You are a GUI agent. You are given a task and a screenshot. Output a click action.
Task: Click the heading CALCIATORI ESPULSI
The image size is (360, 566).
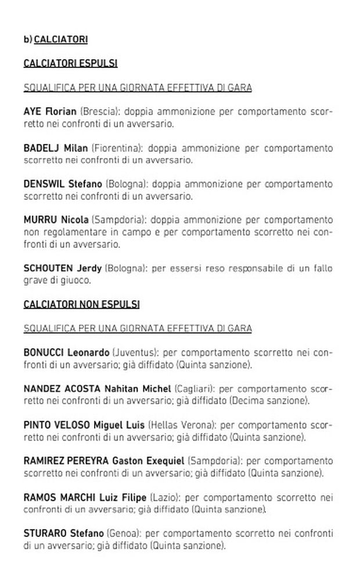click(x=70, y=63)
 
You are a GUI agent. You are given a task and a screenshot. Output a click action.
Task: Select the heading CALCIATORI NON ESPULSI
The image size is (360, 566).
click(x=81, y=304)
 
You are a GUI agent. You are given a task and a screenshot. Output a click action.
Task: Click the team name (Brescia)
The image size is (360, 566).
click(x=99, y=111)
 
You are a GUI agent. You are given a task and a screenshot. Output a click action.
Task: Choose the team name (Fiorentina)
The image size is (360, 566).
click(x=116, y=148)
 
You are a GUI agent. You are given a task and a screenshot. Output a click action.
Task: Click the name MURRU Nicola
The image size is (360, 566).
click(x=56, y=220)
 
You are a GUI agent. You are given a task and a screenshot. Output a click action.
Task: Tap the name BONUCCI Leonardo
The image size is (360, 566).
click(x=66, y=352)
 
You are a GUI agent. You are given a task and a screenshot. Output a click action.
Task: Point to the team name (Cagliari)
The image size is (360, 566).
click(x=195, y=388)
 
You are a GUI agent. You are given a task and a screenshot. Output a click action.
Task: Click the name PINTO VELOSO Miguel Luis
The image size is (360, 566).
click(x=84, y=425)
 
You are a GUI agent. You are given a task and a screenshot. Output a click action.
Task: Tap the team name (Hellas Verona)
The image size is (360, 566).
click(x=181, y=425)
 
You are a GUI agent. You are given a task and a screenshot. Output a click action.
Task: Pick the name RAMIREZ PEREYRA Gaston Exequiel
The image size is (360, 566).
click(x=103, y=461)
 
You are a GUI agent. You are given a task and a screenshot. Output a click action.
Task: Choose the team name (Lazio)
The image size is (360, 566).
click(x=164, y=497)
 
